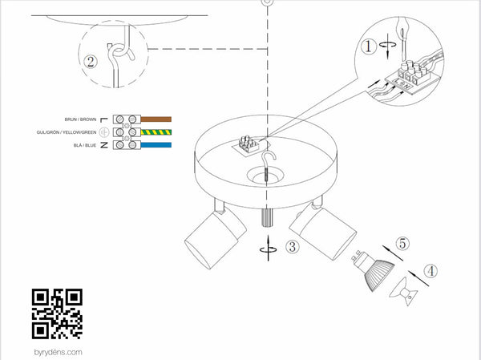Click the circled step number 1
coord(368,47)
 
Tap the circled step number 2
coord(91,62)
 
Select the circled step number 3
coord(293,246)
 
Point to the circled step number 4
coord(430,271)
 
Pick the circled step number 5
coord(402,244)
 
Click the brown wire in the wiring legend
coord(156,119)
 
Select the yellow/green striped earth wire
coord(156,132)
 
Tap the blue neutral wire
coord(156,145)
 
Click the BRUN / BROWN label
coord(80,119)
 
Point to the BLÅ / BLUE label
coord(85,145)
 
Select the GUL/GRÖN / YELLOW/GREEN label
coord(67,132)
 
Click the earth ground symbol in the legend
coord(104,132)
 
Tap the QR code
coord(57,313)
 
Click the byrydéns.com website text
coord(59,352)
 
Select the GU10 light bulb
coord(374,269)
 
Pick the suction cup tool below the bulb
coord(405,292)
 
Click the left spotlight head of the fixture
coord(215,238)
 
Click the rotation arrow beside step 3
coord(269,249)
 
